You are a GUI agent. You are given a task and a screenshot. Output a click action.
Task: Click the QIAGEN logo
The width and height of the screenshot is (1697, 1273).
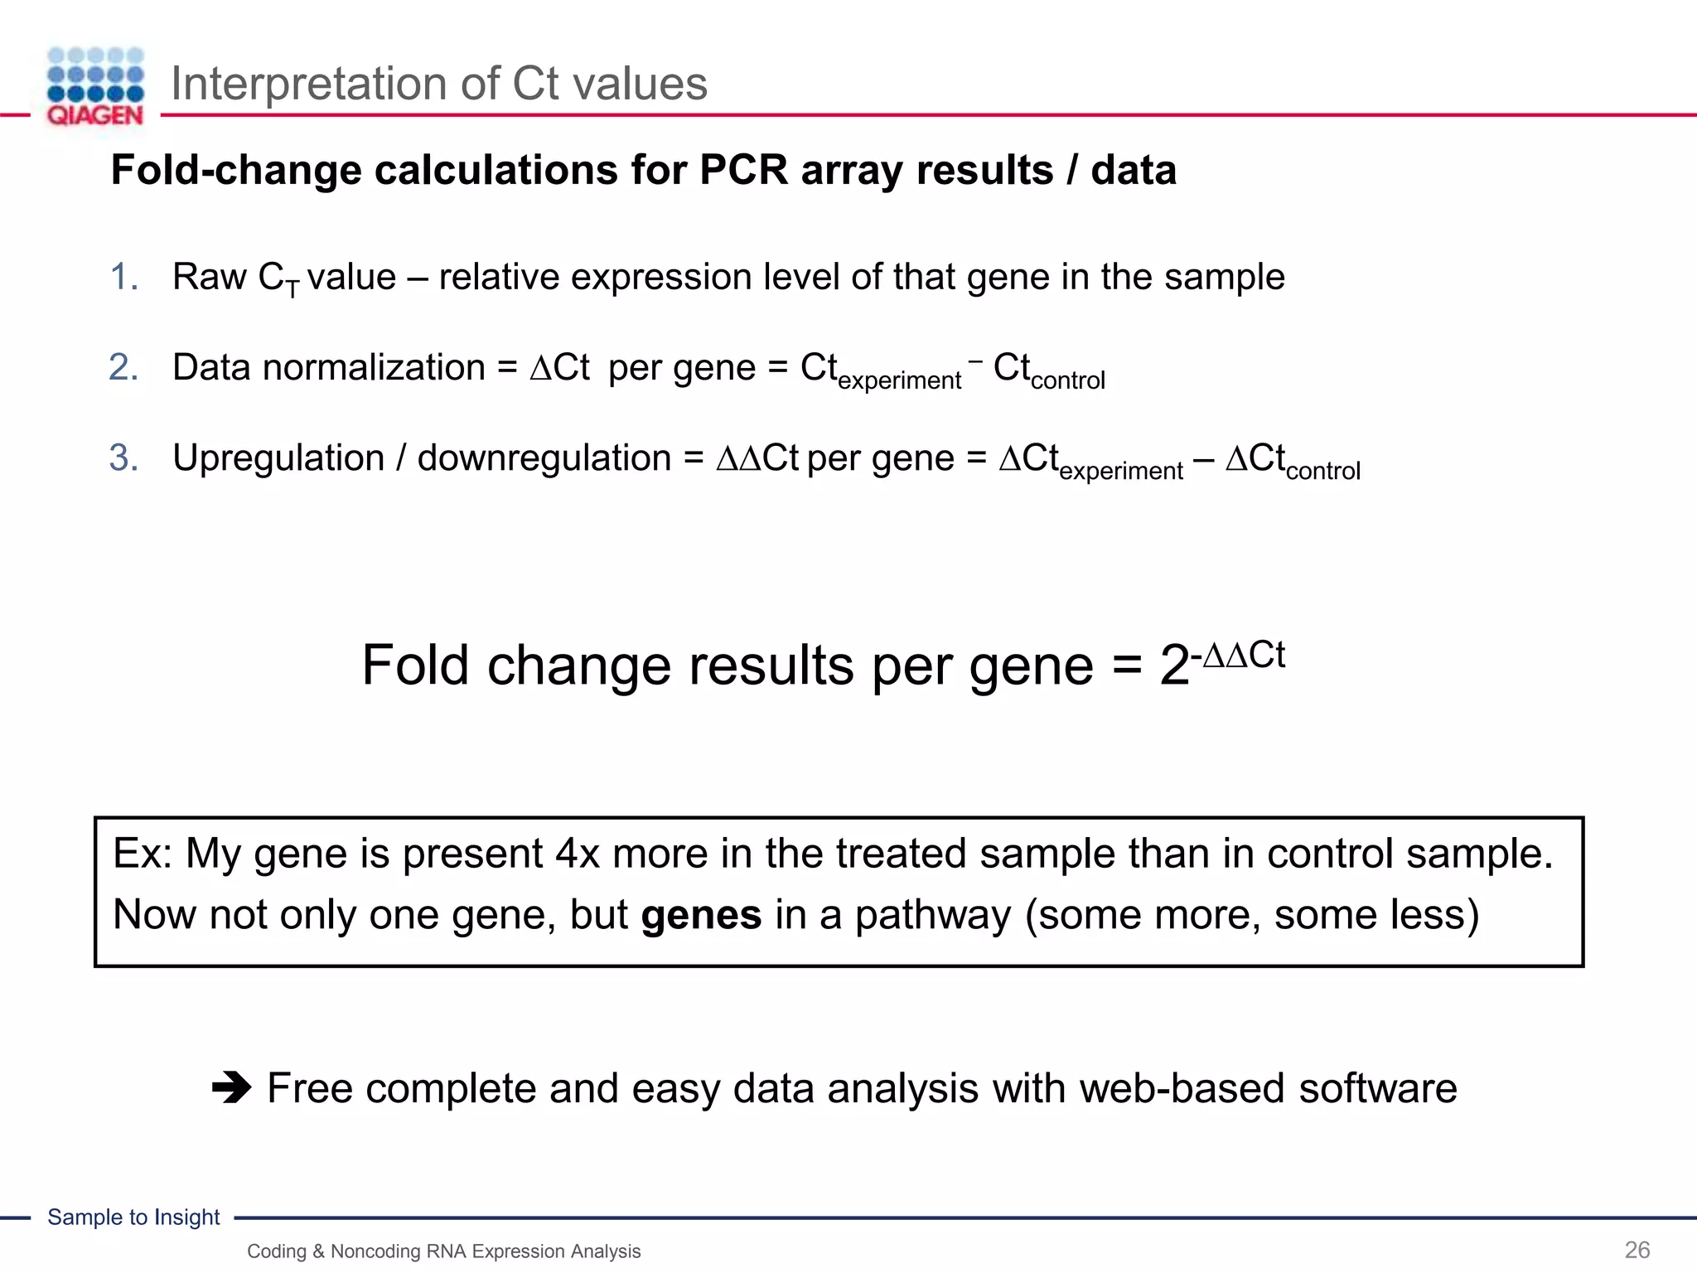tap(95, 86)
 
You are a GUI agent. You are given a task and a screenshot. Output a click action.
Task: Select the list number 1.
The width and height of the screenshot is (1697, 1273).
tap(123, 277)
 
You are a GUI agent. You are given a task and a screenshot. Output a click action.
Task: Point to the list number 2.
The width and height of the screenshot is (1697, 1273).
tap(123, 367)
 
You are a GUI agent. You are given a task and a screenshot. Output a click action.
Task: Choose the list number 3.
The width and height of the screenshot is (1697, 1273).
tap(123, 457)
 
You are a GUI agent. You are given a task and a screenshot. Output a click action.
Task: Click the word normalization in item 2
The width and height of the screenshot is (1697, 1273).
tap(374, 367)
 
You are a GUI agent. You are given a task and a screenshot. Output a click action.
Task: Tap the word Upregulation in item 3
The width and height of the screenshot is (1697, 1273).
tap(278, 458)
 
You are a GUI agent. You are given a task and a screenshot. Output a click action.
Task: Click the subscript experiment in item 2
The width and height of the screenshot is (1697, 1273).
tap(899, 381)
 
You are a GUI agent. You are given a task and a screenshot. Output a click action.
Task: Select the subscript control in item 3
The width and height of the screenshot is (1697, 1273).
tap(1322, 472)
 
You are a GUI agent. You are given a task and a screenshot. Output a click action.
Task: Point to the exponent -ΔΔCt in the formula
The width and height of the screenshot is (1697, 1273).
tap(1238, 656)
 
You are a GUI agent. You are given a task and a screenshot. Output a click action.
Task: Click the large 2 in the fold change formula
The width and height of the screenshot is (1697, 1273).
tap(1174, 666)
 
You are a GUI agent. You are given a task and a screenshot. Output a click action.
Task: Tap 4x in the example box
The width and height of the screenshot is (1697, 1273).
tap(577, 854)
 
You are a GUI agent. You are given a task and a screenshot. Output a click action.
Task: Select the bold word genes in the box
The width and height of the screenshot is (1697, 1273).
tap(701, 915)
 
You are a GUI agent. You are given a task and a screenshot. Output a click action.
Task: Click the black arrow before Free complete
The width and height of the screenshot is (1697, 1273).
tap(231, 1087)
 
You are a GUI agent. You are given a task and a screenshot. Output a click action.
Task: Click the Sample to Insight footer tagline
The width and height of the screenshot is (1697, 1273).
tap(133, 1217)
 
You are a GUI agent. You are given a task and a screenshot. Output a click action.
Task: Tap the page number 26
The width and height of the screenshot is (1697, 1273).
tap(1637, 1250)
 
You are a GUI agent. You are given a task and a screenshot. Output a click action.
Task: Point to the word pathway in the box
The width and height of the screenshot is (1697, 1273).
tap(932, 916)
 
